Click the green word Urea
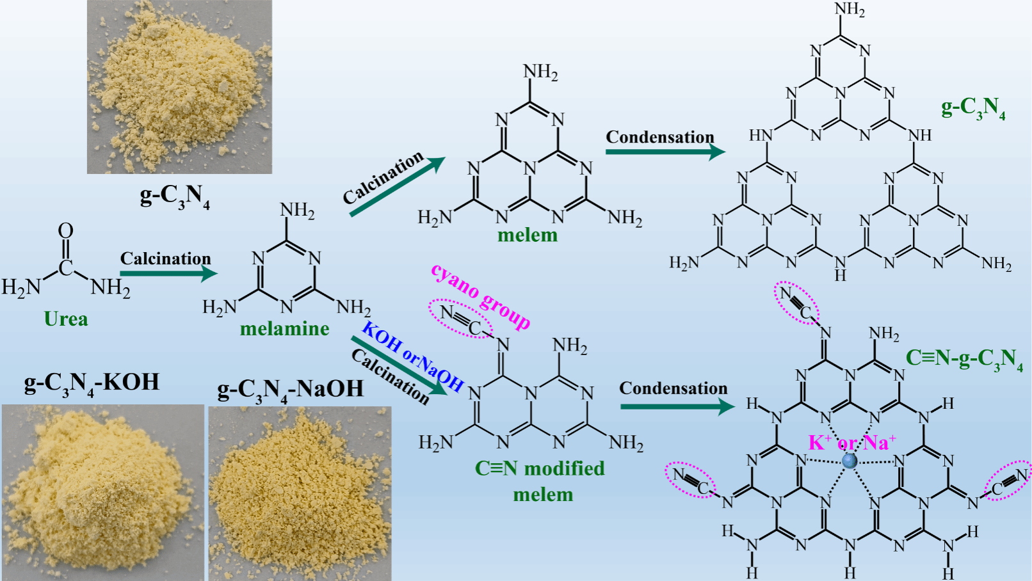click(x=66, y=319)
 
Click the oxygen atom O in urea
click(x=65, y=231)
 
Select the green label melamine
click(x=284, y=329)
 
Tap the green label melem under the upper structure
click(x=528, y=235)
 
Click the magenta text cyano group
click(x=481, y=296)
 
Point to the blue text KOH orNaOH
click(x=413, y=356)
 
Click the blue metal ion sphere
click(x=850, y=461)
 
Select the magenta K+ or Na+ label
click(x=851, y=442)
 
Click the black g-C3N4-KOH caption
click(x=92, y=383)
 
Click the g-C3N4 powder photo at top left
click(x=179, y=87)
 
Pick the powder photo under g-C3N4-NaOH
click(x=300, y=493)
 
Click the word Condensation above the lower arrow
click(x=673, y=388)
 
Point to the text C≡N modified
click(x=540, y=468)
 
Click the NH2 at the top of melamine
click(x=297, y=211)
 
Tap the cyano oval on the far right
click(x=1008, y=481)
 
